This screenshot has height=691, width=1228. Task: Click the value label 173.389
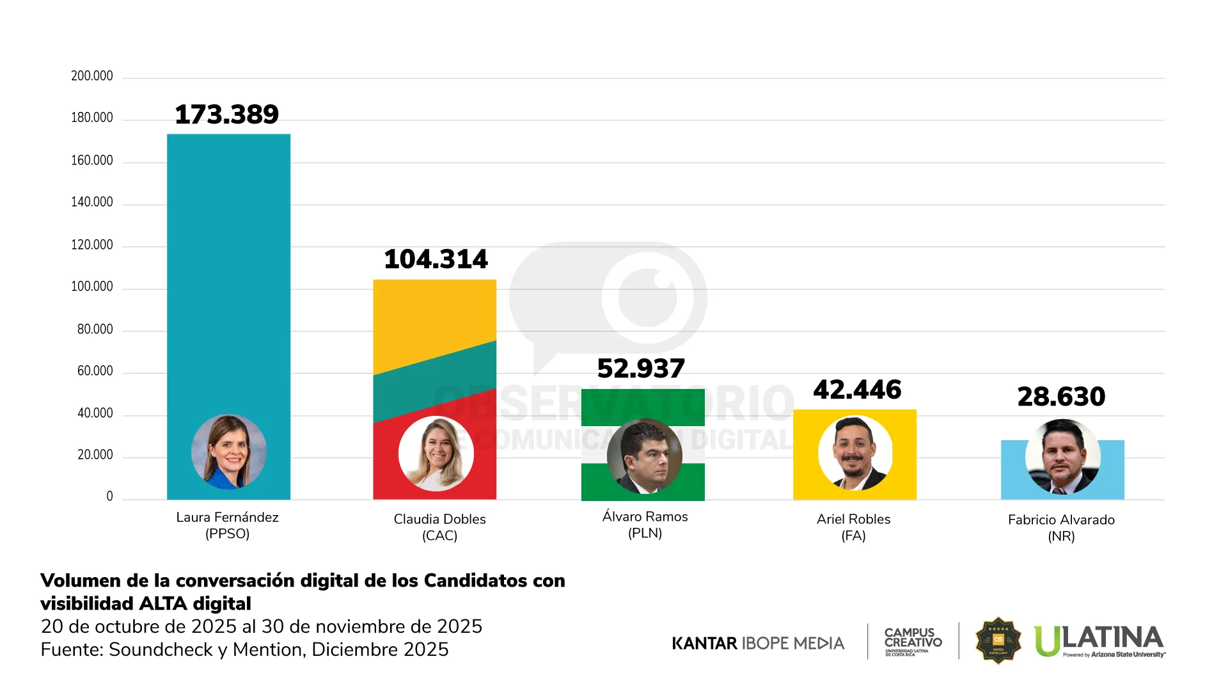226,115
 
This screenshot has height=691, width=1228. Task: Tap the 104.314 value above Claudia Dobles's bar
436,260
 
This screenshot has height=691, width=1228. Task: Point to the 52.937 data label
641,369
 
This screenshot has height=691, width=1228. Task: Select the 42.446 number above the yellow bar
857,390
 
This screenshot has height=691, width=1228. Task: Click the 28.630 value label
1061,397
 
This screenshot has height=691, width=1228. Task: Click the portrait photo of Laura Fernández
228,452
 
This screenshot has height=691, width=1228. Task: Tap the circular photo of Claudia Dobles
436,454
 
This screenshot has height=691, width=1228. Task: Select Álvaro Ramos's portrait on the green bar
644,456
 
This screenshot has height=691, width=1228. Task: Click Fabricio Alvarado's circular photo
1062,457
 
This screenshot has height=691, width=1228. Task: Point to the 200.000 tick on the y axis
91,76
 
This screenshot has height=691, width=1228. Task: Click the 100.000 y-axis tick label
91,287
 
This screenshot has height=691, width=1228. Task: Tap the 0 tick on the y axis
109,496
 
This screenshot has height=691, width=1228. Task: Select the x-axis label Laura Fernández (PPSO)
227,525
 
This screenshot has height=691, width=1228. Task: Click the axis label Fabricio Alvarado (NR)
1061,528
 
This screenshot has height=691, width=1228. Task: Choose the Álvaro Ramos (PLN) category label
645,525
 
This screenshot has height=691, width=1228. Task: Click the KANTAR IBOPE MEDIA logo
758,643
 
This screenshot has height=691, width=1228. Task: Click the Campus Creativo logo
913,640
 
